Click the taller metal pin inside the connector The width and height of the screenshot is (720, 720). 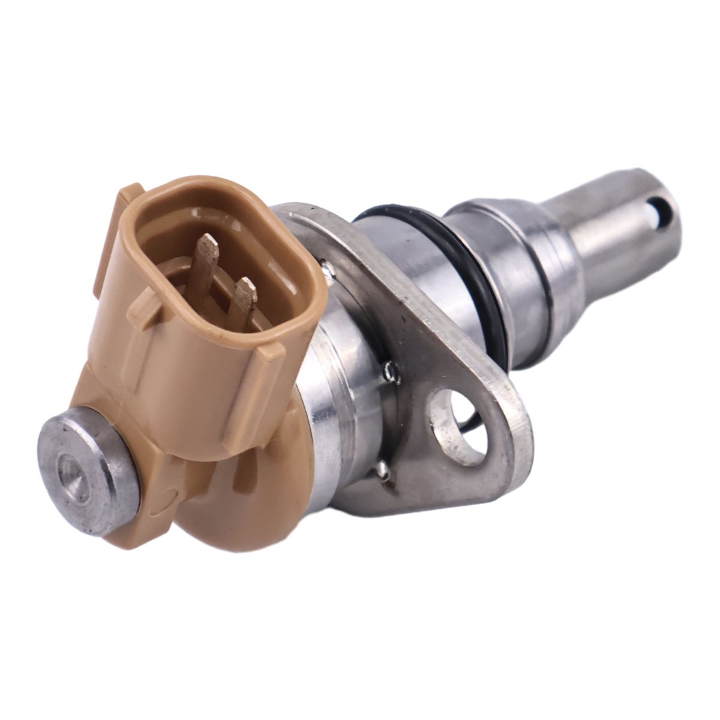[204, 264]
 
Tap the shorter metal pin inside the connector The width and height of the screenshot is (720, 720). [242, 300]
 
